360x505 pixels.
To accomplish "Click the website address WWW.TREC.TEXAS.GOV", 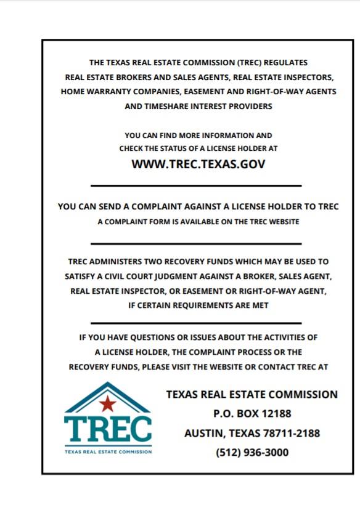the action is click(198, 164).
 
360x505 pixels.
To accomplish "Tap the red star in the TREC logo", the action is click(108, 404).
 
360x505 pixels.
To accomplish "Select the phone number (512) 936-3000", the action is click(252, 453).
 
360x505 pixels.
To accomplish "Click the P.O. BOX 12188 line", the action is click(252, 413).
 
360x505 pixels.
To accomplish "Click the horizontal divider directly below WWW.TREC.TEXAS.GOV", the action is click(196, 185).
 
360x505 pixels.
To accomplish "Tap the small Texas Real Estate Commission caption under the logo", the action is click(107, 451).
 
